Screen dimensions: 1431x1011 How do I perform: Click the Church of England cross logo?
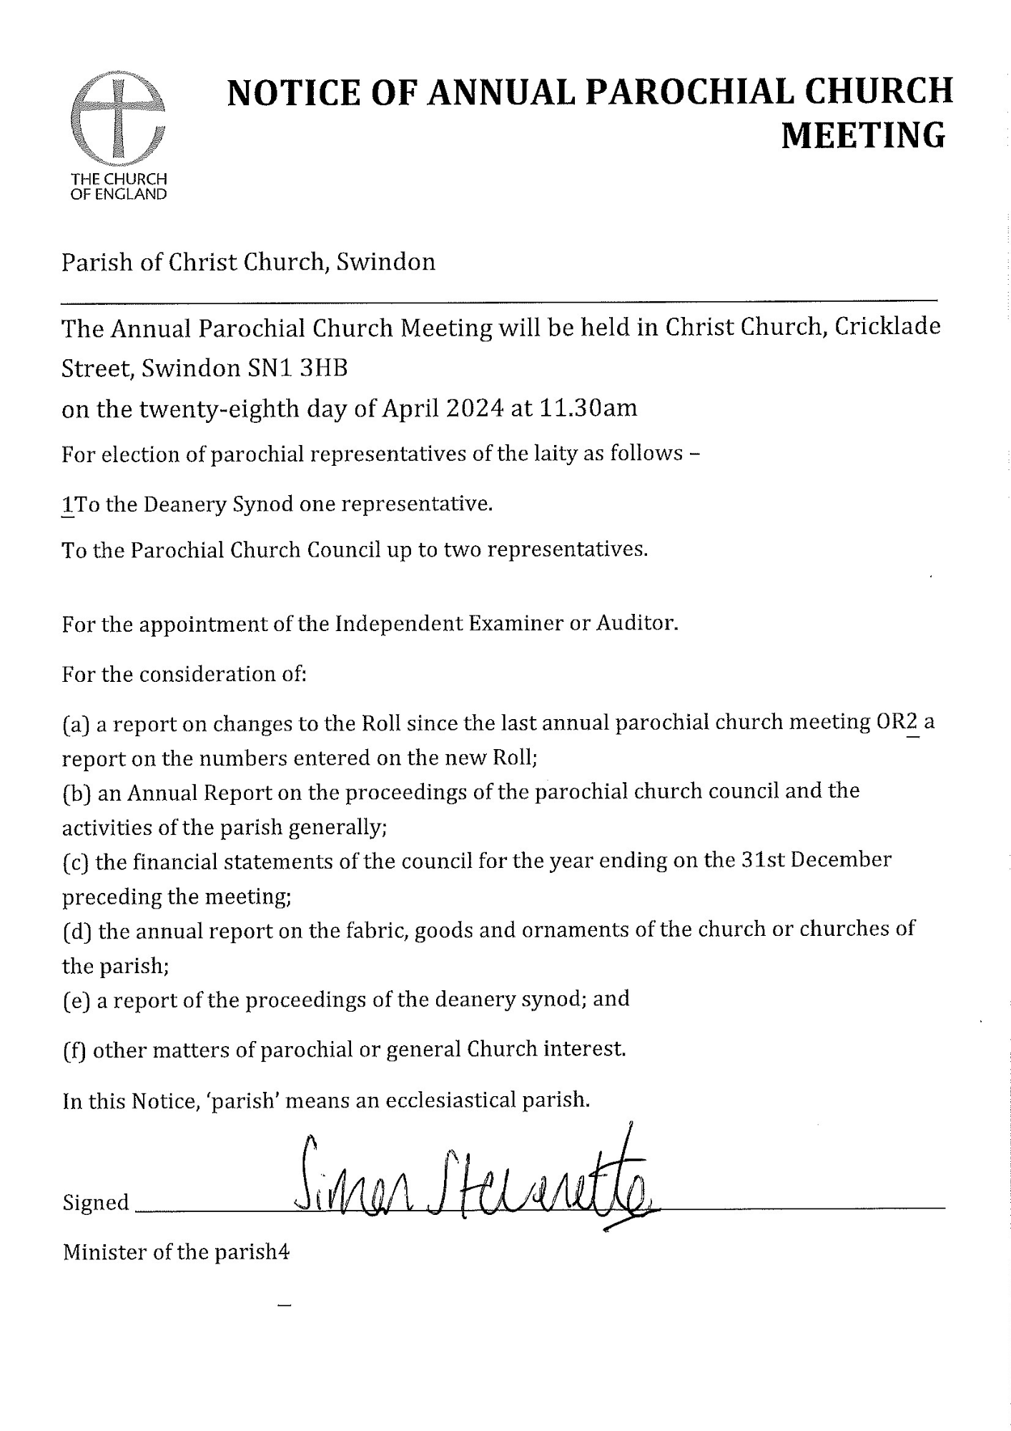click(118, 119)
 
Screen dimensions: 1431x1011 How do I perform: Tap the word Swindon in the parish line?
click(386, 262)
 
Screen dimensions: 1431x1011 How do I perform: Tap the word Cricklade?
click(887, 327)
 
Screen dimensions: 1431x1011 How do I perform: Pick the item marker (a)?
click(76, 723)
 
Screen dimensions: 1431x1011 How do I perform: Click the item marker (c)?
click(75, 861)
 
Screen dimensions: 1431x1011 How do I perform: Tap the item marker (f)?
click(74, 1050)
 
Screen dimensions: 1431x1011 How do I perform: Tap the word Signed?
click(96, 1203)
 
